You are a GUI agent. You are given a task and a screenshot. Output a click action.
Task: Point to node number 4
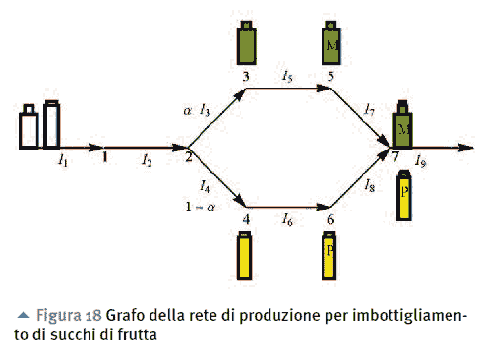[246, 219]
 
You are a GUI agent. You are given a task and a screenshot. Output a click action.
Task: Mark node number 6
[330, 219]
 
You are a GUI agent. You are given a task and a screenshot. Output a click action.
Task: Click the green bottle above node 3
[246, 41]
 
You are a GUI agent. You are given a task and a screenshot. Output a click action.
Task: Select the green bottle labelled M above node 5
[331, 41]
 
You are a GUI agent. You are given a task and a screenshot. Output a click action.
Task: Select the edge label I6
[286, 218]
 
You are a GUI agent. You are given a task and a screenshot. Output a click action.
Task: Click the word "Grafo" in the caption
[130, 315]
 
